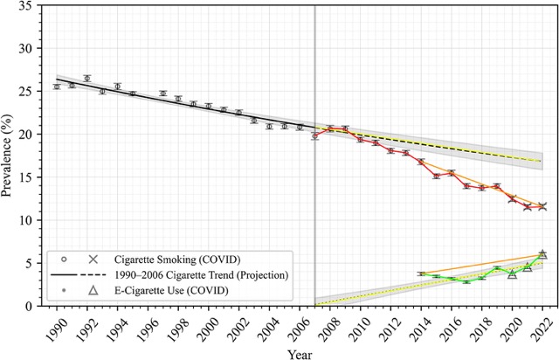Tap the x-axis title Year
[x=299, y=351]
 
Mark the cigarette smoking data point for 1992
[x=87, y=79]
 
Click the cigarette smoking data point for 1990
[x=57, y=87]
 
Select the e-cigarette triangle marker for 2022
[x=542, y=253]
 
